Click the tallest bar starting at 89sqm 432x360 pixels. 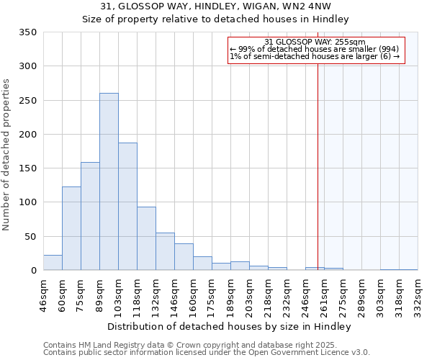click(109, 181)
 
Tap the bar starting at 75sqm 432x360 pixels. click(90, 216)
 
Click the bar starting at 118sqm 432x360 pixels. click(146, 239)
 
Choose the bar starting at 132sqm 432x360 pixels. click(165, 252)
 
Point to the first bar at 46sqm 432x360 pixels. click(53, 263)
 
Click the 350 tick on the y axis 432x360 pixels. click(27, 32)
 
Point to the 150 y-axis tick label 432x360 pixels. click(27, 168)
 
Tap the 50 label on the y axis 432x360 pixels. click(30, 237)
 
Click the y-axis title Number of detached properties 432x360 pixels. click(8, 154)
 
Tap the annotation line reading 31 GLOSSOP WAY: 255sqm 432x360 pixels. click(315, 42)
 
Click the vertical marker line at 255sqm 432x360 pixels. click(318, 158)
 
